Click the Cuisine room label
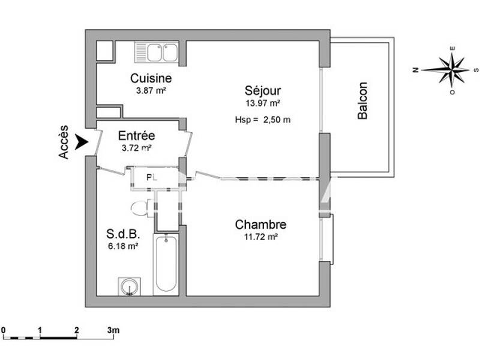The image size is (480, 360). [x=151, y=79]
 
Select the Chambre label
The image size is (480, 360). [x=260, y=225]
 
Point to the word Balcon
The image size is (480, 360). [x=362, y=101]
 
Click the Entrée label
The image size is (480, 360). [x=136, y=136]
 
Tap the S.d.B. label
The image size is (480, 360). [x=124, y=234]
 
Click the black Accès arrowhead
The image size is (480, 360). [x=82, y=142]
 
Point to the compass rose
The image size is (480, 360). [x=453, y=69]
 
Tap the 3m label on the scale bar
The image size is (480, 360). [x=113, y=330]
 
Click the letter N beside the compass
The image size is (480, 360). [x=415, y=70]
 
